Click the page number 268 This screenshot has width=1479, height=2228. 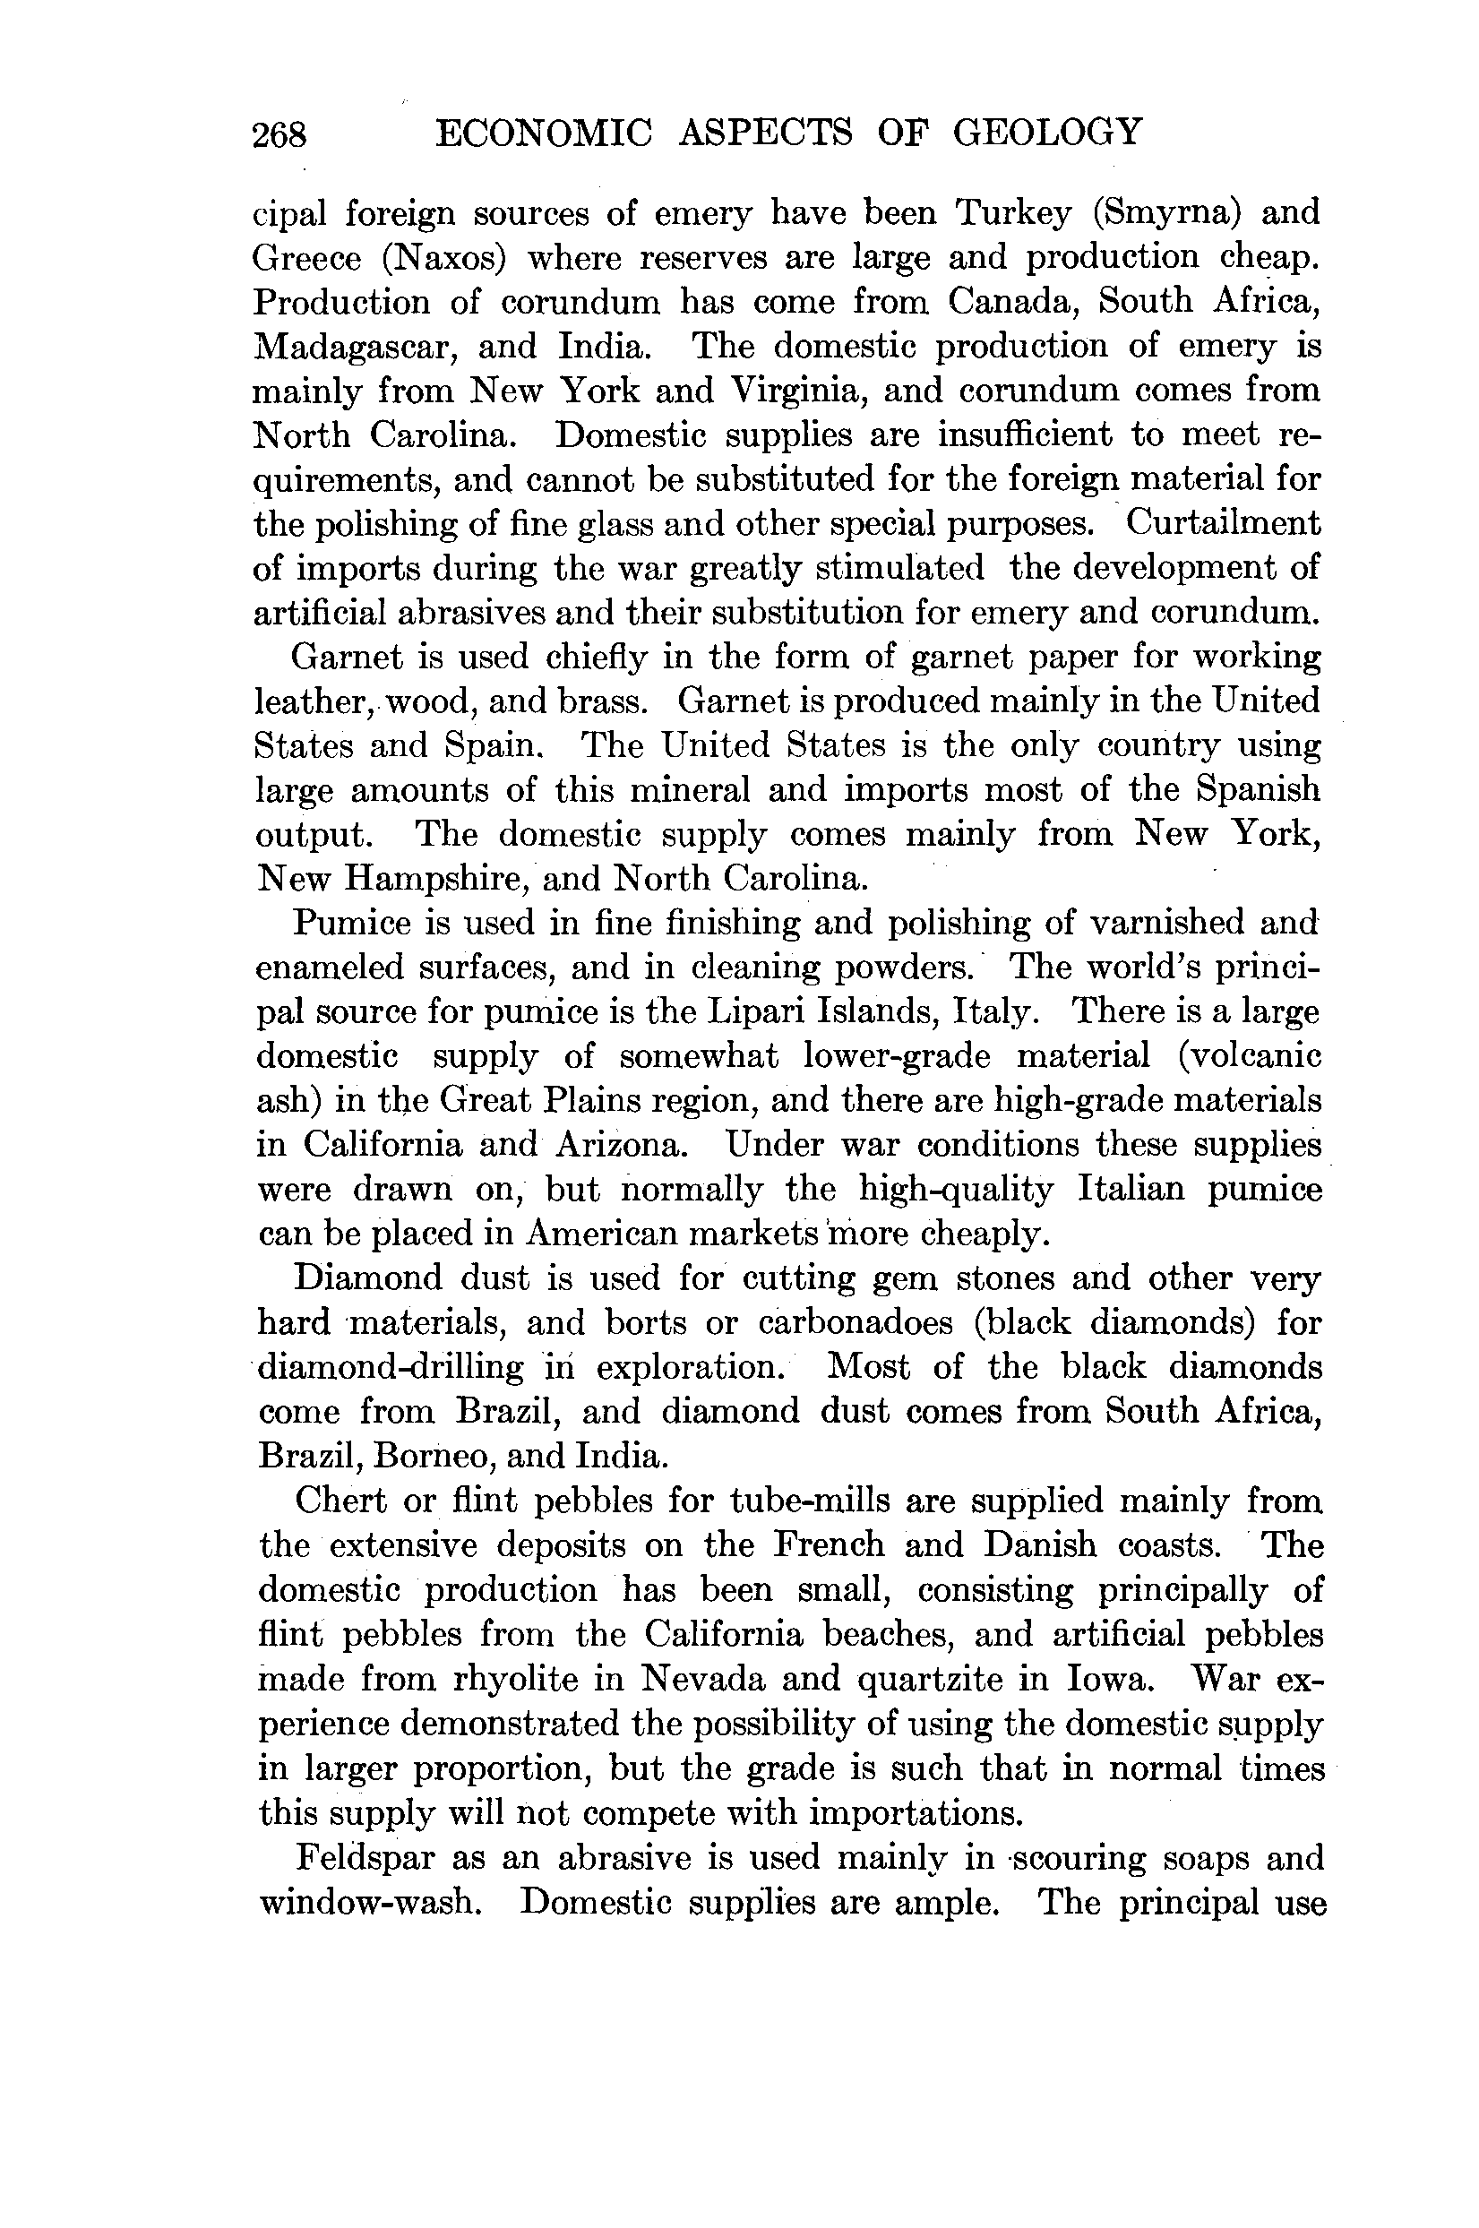point(279,135)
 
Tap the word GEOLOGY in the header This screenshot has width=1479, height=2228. point(1047,133)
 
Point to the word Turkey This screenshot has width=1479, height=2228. point(1014,214)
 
